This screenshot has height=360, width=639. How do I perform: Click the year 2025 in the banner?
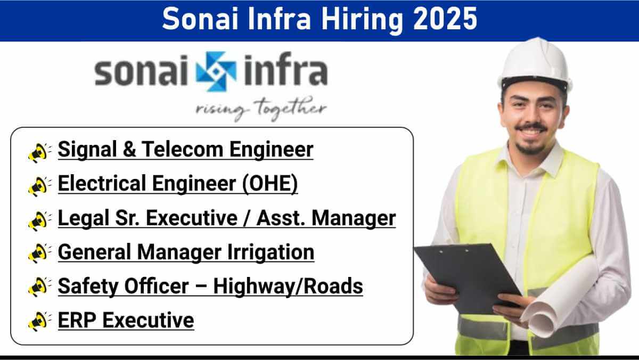tap(445, 19)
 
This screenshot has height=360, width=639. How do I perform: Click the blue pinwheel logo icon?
tap(216, 71)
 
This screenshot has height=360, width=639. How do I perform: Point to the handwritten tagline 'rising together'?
tap(261, 109)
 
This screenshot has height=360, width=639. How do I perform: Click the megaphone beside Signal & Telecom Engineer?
tap(39, 153)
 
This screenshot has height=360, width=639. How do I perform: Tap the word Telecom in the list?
tap(182, 149)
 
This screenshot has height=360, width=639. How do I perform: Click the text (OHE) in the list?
tap(270, 183)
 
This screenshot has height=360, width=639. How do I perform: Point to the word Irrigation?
tap(271, 252)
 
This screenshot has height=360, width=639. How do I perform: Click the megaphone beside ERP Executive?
tap(39, 321)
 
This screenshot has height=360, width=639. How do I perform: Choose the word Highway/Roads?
tap(288, 286)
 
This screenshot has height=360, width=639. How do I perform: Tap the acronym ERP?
tap(77, 320)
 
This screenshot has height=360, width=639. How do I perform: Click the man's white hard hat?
tap(535, 64)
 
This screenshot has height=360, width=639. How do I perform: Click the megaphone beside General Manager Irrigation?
tap(39, 253)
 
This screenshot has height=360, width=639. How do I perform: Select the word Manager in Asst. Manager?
tap(354, 218)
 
